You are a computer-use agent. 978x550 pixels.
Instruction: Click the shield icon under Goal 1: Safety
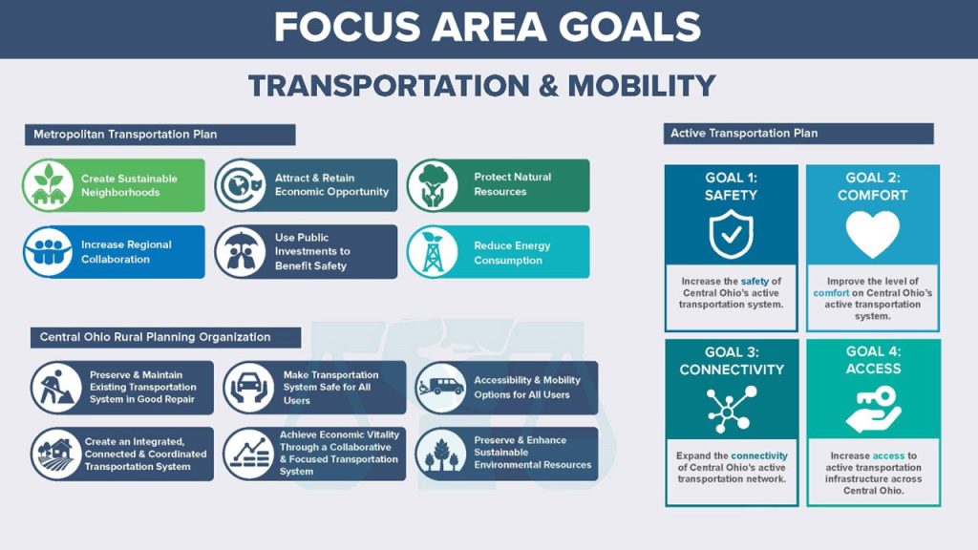coord(731,235)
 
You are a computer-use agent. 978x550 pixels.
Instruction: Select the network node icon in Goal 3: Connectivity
coord(731,409)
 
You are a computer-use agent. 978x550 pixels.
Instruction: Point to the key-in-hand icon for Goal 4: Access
coord(873,409)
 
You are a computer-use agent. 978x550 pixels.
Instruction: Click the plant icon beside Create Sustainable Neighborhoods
coord(49,185)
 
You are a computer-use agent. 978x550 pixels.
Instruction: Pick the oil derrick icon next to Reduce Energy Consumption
coord(433,252)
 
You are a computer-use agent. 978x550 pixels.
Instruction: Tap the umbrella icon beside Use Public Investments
coord(240,252)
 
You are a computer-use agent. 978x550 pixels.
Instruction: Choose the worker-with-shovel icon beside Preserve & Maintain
coord(56,388)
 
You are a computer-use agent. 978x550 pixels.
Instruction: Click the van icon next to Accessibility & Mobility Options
coord(441,388)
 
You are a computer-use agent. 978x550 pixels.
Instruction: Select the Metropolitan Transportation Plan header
coord(159,135)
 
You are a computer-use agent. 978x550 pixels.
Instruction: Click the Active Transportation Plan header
coord(798,134)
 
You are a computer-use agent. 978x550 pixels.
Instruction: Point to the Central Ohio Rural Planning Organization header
coord(165,337)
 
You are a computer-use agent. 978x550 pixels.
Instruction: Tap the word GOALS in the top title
coord(629,28)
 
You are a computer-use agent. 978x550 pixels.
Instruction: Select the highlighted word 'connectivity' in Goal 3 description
coord(759,455)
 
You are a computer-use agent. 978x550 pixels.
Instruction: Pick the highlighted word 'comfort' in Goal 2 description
coord(831,293)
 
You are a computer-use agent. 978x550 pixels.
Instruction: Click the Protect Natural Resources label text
coord(512,184)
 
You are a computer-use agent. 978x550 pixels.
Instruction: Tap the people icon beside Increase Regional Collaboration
coord(49,252)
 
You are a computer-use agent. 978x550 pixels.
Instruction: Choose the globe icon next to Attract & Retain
coord(240,185)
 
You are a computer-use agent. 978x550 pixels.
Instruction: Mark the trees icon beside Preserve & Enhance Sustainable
coord(441,454)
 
